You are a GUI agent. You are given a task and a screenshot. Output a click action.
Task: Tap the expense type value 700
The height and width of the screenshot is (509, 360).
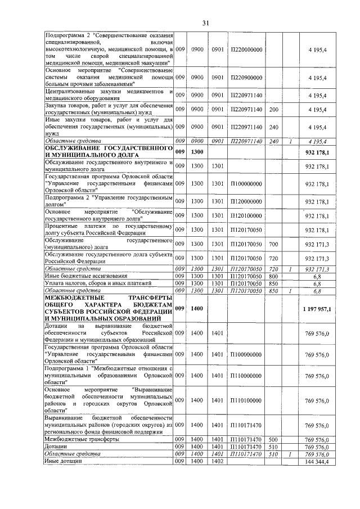[x=274, y=245]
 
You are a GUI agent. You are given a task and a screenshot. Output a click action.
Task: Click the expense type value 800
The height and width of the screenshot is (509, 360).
[x=274, y=276]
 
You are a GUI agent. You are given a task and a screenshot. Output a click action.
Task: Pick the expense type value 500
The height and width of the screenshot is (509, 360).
[x=274, y=439]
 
